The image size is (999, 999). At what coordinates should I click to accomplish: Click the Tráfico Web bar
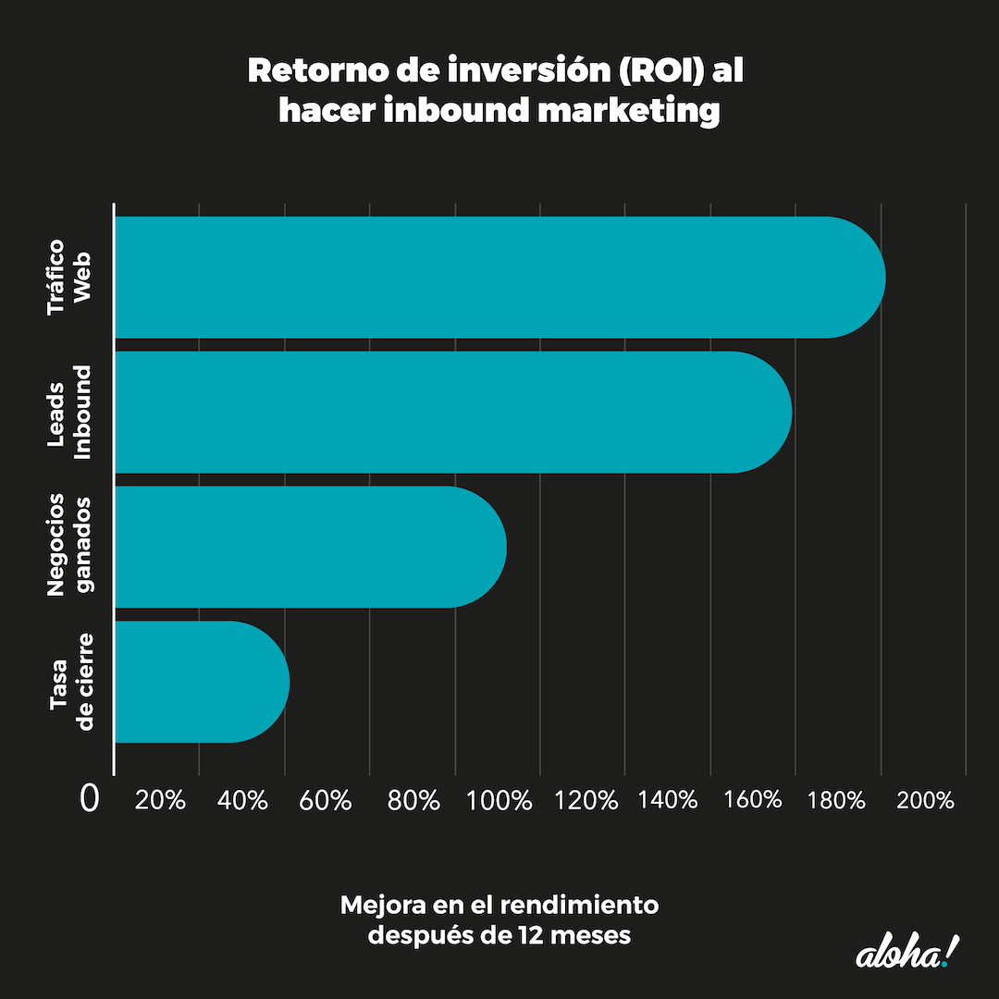[x=499, y=277]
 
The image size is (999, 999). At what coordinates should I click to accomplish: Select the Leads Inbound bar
[x=453, y=412]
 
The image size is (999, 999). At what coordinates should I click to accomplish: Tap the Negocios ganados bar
[x=310, y=547]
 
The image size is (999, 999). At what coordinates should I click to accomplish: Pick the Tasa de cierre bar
[x=202, y=682]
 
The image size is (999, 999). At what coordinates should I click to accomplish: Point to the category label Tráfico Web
[x=70, y=278]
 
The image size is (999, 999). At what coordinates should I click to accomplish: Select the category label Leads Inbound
[x=70, y=413]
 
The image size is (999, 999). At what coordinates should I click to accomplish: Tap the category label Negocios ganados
[x=70, y=546]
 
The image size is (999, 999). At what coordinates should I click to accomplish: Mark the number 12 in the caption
[x=523, y=935]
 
